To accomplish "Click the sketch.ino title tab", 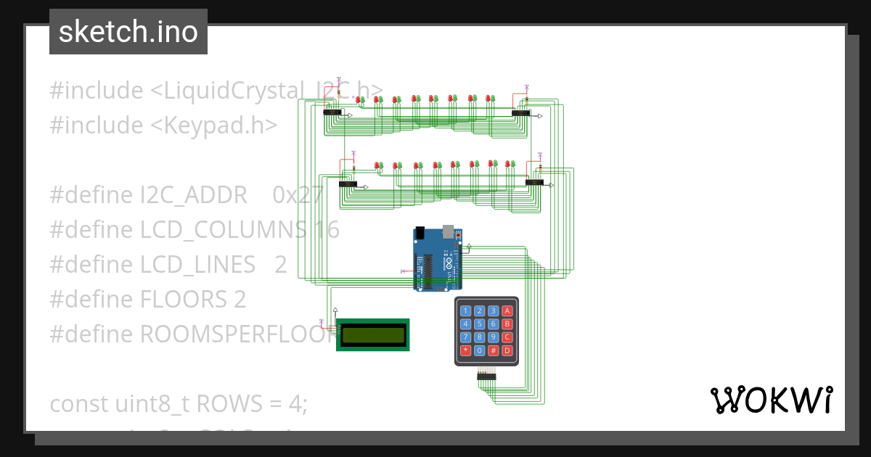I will tap(128, 32).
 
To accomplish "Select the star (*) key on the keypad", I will tap(466, 350).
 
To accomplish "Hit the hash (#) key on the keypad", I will tap(494, 350).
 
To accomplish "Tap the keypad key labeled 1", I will tap(466, 311).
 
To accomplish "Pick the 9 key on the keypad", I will tap(494, 337).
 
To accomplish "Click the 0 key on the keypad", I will tap(480, 350).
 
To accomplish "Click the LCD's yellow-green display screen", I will tap(373, 334).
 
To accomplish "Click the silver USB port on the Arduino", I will tap(448, 232).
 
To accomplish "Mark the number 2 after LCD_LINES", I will tap(281, 264).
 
